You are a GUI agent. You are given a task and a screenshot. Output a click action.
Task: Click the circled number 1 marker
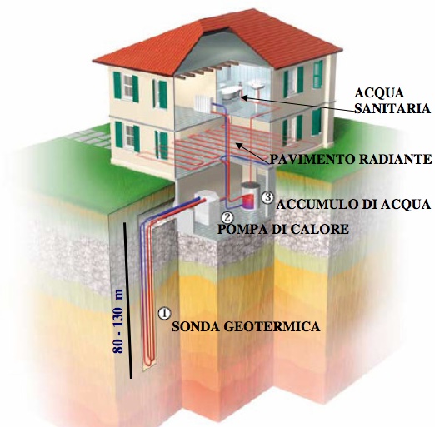[164, 313]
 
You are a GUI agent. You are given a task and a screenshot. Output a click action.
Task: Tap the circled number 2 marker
[227, 217]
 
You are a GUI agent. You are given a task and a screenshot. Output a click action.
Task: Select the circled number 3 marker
[267, 197]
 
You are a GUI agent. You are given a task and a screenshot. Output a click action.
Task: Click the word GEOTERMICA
[272, 326]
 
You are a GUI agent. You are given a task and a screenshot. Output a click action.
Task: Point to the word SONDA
[195, 326]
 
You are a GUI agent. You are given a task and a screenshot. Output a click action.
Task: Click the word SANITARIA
[392, 108]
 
